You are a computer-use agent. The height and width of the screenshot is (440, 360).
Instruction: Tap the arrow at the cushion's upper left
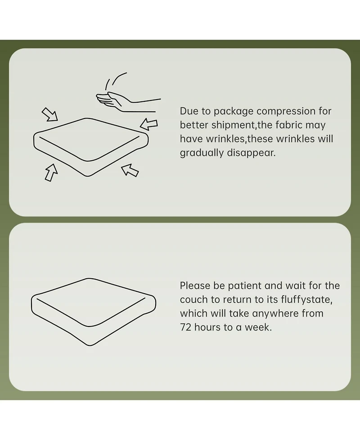pyautogui.click(x=50, y=114)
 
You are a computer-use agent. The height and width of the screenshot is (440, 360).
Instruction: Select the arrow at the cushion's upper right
pyautogui.click(x=149, y=124)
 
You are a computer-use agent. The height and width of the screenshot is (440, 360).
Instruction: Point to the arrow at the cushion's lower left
pyautogui.click(x=51, y=172)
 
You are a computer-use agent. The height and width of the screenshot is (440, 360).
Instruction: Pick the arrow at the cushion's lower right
pyautogui.click(x=130, y=170)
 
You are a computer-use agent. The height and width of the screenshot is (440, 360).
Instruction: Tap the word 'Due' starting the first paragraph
pyautogui.click(x=188, y=111)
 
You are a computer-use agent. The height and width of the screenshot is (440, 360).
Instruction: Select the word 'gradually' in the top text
pyautogui.click(x=202, y=153)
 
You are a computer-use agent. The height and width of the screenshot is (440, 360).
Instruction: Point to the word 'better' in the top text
pyautogui.click(x=194, y=125)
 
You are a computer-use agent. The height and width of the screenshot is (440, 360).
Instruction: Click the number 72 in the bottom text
pyautogui.click(x=185, y=327)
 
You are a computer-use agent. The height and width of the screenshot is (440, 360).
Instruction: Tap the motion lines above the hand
pyautogui.click(x=115, y=81)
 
